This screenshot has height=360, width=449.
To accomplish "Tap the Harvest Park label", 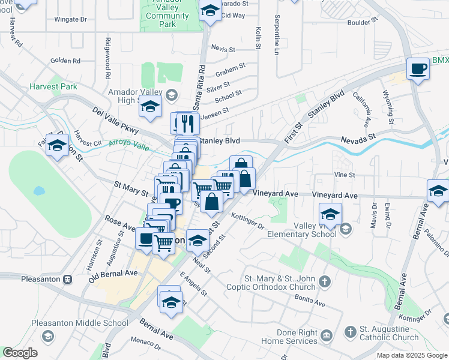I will (53, 86).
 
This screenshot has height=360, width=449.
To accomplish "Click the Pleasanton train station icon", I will (68, 279).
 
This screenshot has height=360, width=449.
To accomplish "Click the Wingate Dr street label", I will (70, 20).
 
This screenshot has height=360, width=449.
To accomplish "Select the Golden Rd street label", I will (65, 61).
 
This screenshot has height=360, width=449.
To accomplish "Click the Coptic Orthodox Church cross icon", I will (324, 281).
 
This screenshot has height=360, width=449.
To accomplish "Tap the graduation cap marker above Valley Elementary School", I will (330, 214).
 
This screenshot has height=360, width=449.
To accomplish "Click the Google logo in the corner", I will (20, 353).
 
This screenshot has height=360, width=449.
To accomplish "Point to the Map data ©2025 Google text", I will (412, 355).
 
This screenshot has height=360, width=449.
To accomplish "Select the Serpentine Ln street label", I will (277, 36).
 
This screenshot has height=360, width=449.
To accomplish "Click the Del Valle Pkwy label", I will (115, 120).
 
